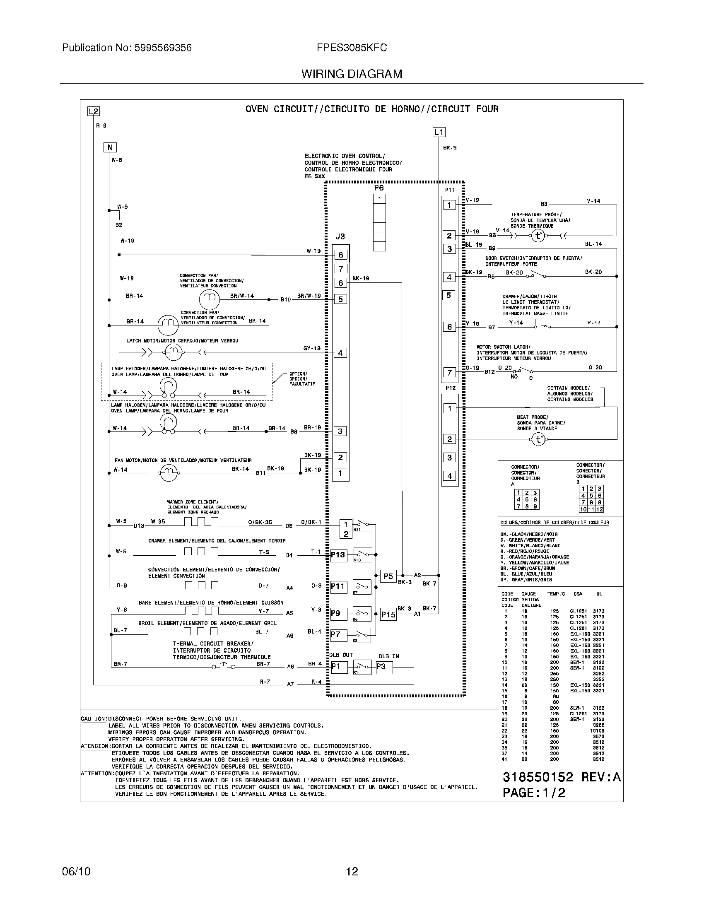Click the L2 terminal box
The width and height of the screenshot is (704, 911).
(94, 111)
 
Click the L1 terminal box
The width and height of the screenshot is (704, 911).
(439, 133)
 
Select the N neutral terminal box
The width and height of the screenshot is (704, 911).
(110, 148)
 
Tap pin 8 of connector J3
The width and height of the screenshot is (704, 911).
(340, 255)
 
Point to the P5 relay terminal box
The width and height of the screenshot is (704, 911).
(388, 576)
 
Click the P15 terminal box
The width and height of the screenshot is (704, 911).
(388, 615)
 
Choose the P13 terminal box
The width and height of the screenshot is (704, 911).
(338, 555)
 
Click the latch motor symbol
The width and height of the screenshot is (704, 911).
(172, 353)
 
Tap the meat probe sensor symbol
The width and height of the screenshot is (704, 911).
(538, 439)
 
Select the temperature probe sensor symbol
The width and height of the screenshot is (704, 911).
(538, 236)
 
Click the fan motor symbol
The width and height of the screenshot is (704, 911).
(169, 472)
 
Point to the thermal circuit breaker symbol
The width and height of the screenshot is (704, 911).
(223, 666)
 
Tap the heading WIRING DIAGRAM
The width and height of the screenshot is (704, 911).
(352, 74)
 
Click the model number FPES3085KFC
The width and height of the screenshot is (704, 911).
(352, 48)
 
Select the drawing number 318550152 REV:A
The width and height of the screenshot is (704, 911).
(562, 777)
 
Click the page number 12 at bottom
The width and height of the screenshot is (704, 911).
(352, 871)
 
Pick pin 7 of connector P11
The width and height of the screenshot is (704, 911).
(449, 373)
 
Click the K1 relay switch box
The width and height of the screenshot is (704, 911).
(362, 667)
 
